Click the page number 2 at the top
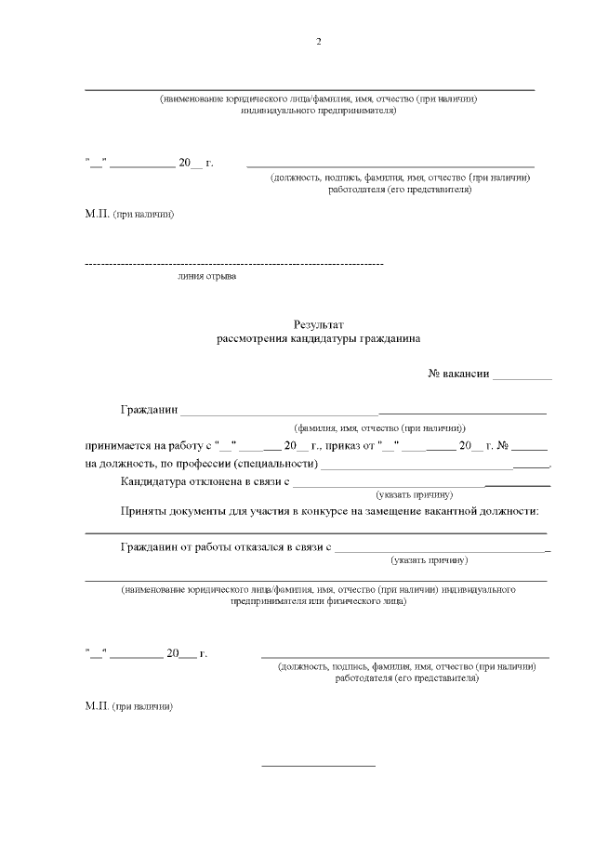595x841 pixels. tap(318, 43)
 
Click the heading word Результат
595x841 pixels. tap(319, 325)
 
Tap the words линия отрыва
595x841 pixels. tap(206, 277)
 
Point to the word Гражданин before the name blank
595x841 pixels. tap(149, 410)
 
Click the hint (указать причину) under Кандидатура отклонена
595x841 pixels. tap(415, 494)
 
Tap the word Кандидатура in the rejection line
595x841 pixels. tap(157, 481)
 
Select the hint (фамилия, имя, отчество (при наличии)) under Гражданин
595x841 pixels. tap(380, 427)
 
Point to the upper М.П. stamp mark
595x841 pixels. tap(98, 214)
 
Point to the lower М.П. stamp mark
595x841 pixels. tap(98, 705)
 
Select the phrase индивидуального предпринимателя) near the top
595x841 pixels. tap(318, 111)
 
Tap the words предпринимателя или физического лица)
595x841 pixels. tap(318, 601)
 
